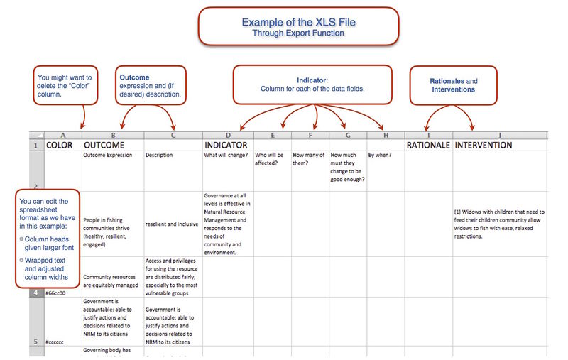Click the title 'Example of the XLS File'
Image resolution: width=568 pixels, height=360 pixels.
[x=298, y=22]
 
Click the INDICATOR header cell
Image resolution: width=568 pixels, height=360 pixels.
[x=228, y=145]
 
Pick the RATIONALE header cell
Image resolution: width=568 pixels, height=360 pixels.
[x=428, y=145]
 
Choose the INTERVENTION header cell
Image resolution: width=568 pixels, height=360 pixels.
[x=484, y=145]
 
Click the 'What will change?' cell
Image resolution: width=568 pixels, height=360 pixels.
[x=225, y=154]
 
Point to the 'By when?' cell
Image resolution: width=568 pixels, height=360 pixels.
[x=380, y=154]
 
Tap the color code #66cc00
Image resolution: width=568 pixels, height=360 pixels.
[x=56, y=292]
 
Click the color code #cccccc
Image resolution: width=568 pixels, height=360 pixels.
[x=55, y=342]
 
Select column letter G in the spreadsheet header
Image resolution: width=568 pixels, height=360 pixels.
[x=347, y=135]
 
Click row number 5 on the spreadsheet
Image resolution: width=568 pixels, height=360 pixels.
[x=35, y=342]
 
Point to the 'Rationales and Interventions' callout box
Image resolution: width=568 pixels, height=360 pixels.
[x=453, y=85]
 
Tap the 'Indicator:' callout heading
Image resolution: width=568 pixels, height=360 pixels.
[x=312, y=81]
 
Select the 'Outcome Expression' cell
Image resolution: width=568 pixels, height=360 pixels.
[x=108, y=154]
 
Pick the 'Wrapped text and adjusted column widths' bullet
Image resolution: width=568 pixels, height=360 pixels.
[x=50, y=269]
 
